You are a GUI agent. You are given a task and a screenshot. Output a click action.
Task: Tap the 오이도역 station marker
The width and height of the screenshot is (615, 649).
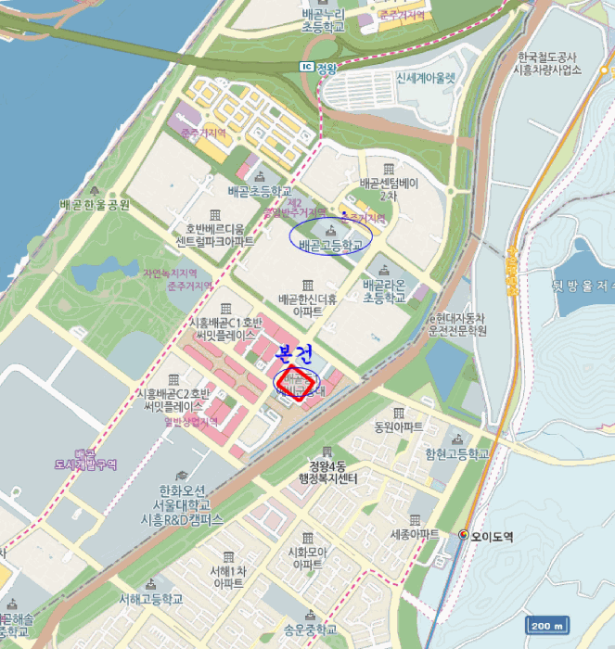[x=464, y=535]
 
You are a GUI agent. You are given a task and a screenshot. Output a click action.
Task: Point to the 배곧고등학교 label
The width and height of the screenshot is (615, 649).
[x=331, y=247]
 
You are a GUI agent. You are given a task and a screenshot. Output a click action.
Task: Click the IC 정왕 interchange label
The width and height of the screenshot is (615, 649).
[x=319, y=67]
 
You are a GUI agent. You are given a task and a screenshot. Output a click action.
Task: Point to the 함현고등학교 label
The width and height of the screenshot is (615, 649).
[x=456, y=453]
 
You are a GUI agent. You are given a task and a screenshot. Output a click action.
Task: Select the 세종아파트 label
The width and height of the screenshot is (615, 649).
[x=415, y=535]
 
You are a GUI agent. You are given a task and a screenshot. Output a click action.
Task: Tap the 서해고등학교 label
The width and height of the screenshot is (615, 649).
[x=145, y=599]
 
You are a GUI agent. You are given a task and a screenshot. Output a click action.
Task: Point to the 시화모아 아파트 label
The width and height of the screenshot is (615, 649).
[x=307, y=557]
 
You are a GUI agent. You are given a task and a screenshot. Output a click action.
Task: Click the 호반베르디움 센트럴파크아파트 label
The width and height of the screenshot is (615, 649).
[x=215, y=235]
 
